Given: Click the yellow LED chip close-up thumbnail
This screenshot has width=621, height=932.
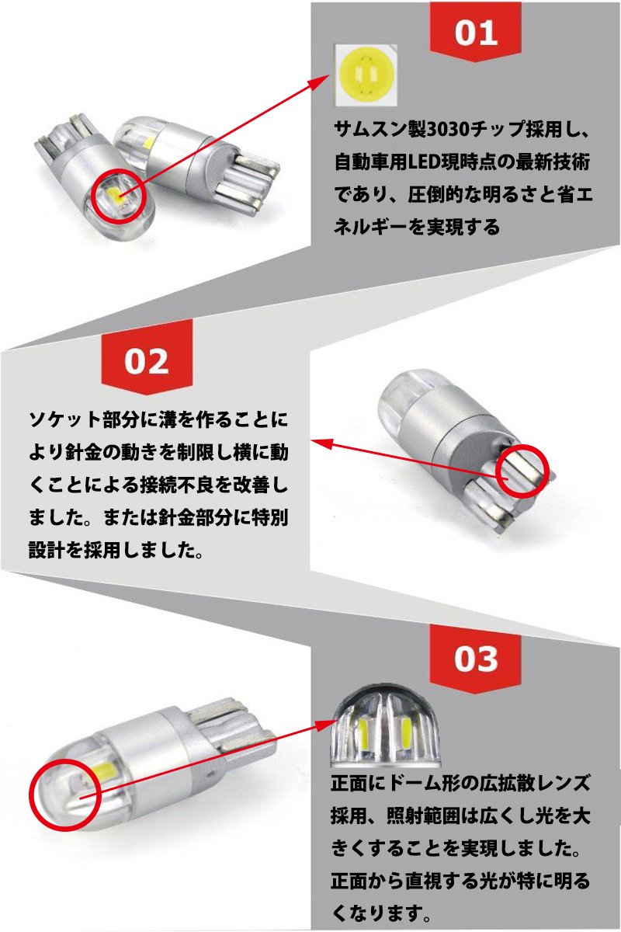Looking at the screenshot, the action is click(366, 75).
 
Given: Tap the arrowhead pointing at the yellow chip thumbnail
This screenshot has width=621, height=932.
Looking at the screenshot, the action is click(320, 81).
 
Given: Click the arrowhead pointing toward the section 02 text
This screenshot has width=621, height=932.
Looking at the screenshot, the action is click(323, 443).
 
